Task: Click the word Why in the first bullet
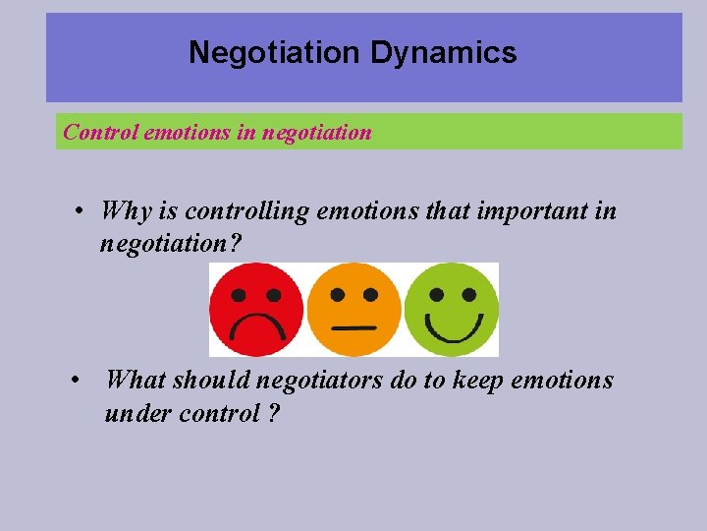pos(125,210)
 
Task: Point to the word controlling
pos(245,211)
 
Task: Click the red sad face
pos(255,309)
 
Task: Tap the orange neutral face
pos(353,309)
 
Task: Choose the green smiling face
pos(452,309)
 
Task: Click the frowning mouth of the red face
pos(255,327)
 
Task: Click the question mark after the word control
pos(273,413)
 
